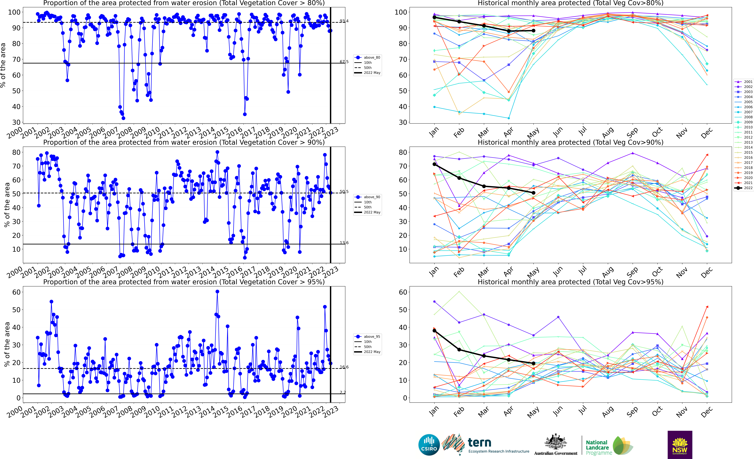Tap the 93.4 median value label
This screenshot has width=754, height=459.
tap(344, 21)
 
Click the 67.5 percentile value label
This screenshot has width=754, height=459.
tap(344, 62)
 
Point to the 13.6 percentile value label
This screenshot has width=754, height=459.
tap(344, 243)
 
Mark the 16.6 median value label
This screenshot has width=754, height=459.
tap(344, 367)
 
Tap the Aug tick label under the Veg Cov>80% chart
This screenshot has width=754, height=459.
tap(608, 132)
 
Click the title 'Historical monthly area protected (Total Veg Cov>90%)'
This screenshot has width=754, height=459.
tap(570, 142)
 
